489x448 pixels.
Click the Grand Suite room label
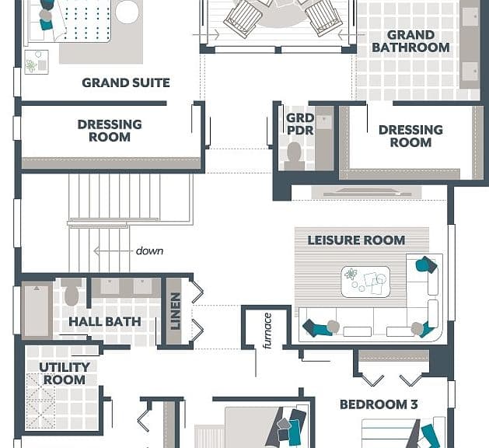tap(126, 82)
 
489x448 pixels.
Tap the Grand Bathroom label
tap(410, 41)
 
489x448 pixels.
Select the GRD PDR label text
tap(300, 124)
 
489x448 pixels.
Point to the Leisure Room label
tap(357, 240)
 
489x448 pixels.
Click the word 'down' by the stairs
tap(150, 250)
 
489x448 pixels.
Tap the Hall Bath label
tap(105, 322)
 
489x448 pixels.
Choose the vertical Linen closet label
tap(176, 311)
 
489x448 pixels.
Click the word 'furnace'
tap(267, 331)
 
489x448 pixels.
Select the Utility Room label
tap(65, 373)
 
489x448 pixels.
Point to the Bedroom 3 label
tap(379, 404)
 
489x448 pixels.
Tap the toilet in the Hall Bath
tap(72, 292)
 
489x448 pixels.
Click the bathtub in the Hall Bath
tap(37, 310)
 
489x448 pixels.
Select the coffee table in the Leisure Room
tap(365, 282)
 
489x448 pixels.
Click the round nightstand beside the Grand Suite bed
tap(127, 12)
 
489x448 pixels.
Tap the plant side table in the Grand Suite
tap(37, 61)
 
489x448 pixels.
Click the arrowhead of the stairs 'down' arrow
tap(96, 250)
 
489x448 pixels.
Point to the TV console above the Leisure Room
tap(366, 192)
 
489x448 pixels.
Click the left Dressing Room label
tap(110, 131)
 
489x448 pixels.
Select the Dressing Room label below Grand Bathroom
tap(410, 136)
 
